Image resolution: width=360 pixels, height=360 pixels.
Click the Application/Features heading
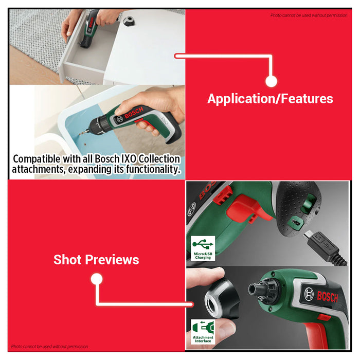coord(270,99)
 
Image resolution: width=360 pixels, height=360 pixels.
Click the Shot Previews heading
coord(96,260)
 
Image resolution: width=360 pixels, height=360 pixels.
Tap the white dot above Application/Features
coord(272,81)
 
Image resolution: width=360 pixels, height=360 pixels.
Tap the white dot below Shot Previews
coord(96,279)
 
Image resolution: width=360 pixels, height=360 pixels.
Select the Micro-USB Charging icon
coord(203,248)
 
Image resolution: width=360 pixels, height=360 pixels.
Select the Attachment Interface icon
coord(203,332)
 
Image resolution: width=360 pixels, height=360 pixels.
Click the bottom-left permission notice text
coord(50,347)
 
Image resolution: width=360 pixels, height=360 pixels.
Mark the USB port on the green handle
coord(295,221)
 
